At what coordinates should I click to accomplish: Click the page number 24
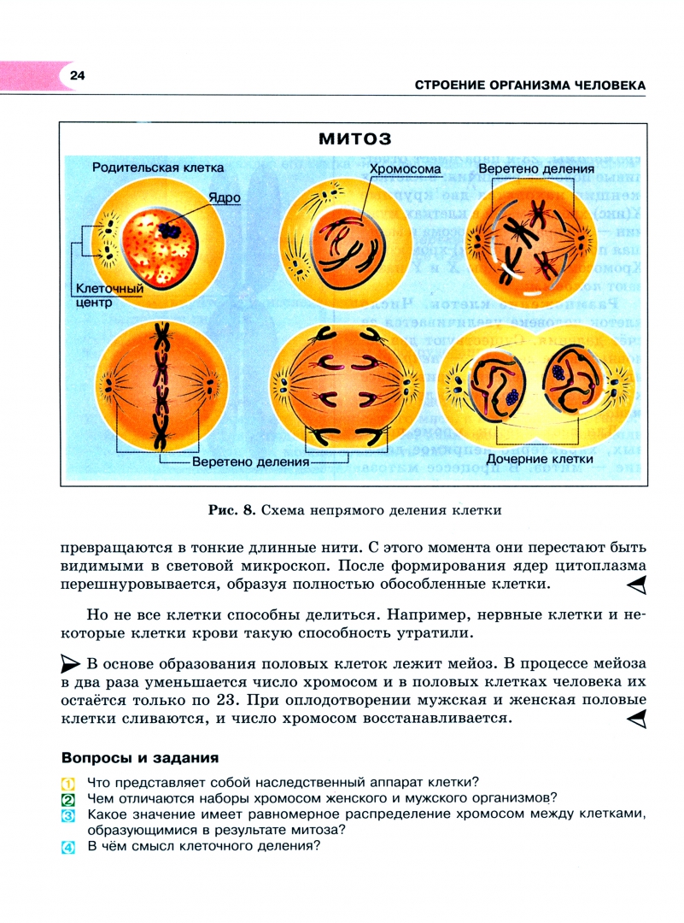point(77,76)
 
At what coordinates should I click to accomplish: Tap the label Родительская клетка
point(158,168)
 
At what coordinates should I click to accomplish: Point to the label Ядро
point(225,197)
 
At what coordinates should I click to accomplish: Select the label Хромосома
point(406,169)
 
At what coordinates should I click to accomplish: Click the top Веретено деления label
point(535,169)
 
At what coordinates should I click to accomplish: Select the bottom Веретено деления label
point(249,462)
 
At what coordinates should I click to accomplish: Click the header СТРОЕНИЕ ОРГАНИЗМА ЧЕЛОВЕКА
point(529,85)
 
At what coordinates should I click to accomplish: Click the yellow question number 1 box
point(68,783)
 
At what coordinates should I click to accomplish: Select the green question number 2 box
point(68,799)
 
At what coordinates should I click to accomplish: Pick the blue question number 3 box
point(68,816)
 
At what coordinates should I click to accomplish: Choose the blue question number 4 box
point(68,849)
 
